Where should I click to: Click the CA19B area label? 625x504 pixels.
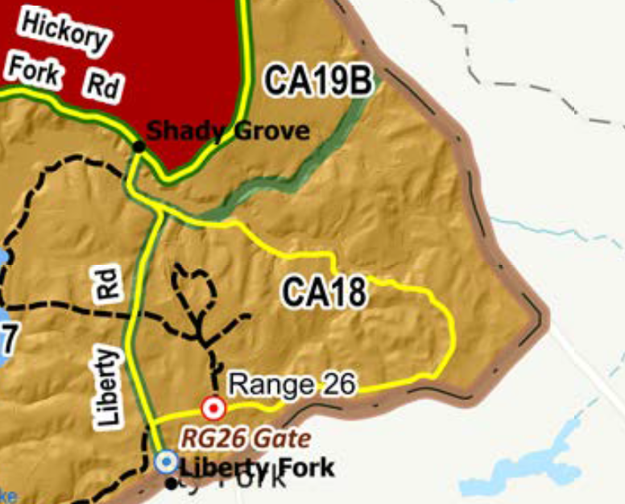(318, 81)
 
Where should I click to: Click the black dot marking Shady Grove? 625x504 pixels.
(139, 146)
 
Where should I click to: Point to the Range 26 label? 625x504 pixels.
(292, 384)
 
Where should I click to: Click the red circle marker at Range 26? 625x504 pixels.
(213, 409)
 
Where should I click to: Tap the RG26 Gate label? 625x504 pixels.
(245, 439)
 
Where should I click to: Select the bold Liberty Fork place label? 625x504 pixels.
(256, 467)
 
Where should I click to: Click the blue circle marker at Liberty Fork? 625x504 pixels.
(166, 461)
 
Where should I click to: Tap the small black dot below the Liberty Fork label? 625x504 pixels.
(172, 483)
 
